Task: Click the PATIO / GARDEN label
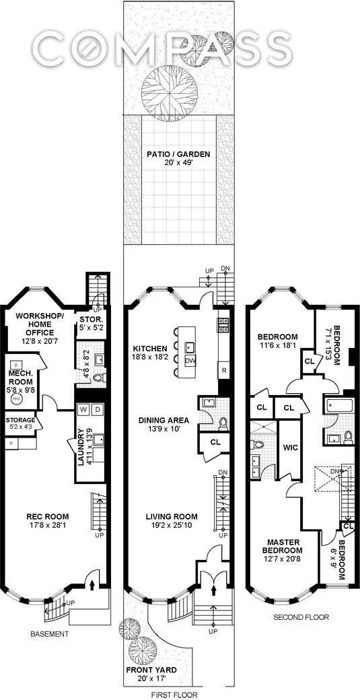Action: (178, 154)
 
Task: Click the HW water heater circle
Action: (14, 398)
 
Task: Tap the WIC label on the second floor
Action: (290, 447)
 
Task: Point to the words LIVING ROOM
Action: (172, 517)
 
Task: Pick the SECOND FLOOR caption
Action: (302, 616)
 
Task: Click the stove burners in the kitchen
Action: (223, 325)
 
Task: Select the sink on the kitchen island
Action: (190, 347)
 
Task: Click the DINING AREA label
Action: (164, 421)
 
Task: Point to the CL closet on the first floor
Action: (215, 443)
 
